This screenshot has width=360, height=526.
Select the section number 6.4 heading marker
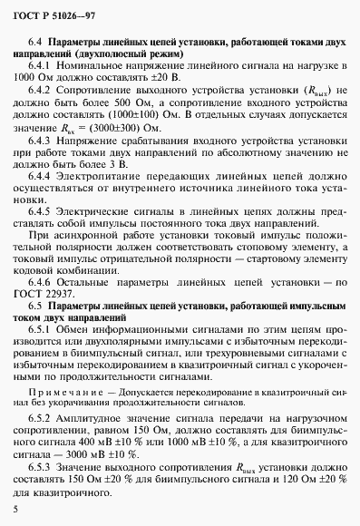pos(37,43)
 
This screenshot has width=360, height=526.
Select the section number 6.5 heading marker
pos(37,325)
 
